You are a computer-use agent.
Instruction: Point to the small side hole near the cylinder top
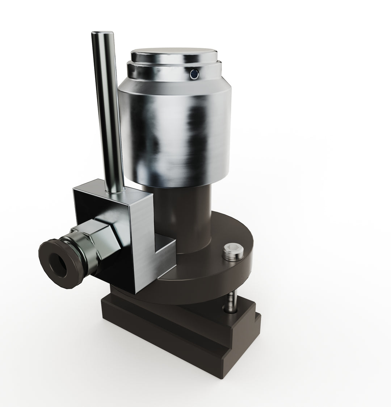[x=194, y=74]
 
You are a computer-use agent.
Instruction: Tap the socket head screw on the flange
[x=232, y=251]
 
